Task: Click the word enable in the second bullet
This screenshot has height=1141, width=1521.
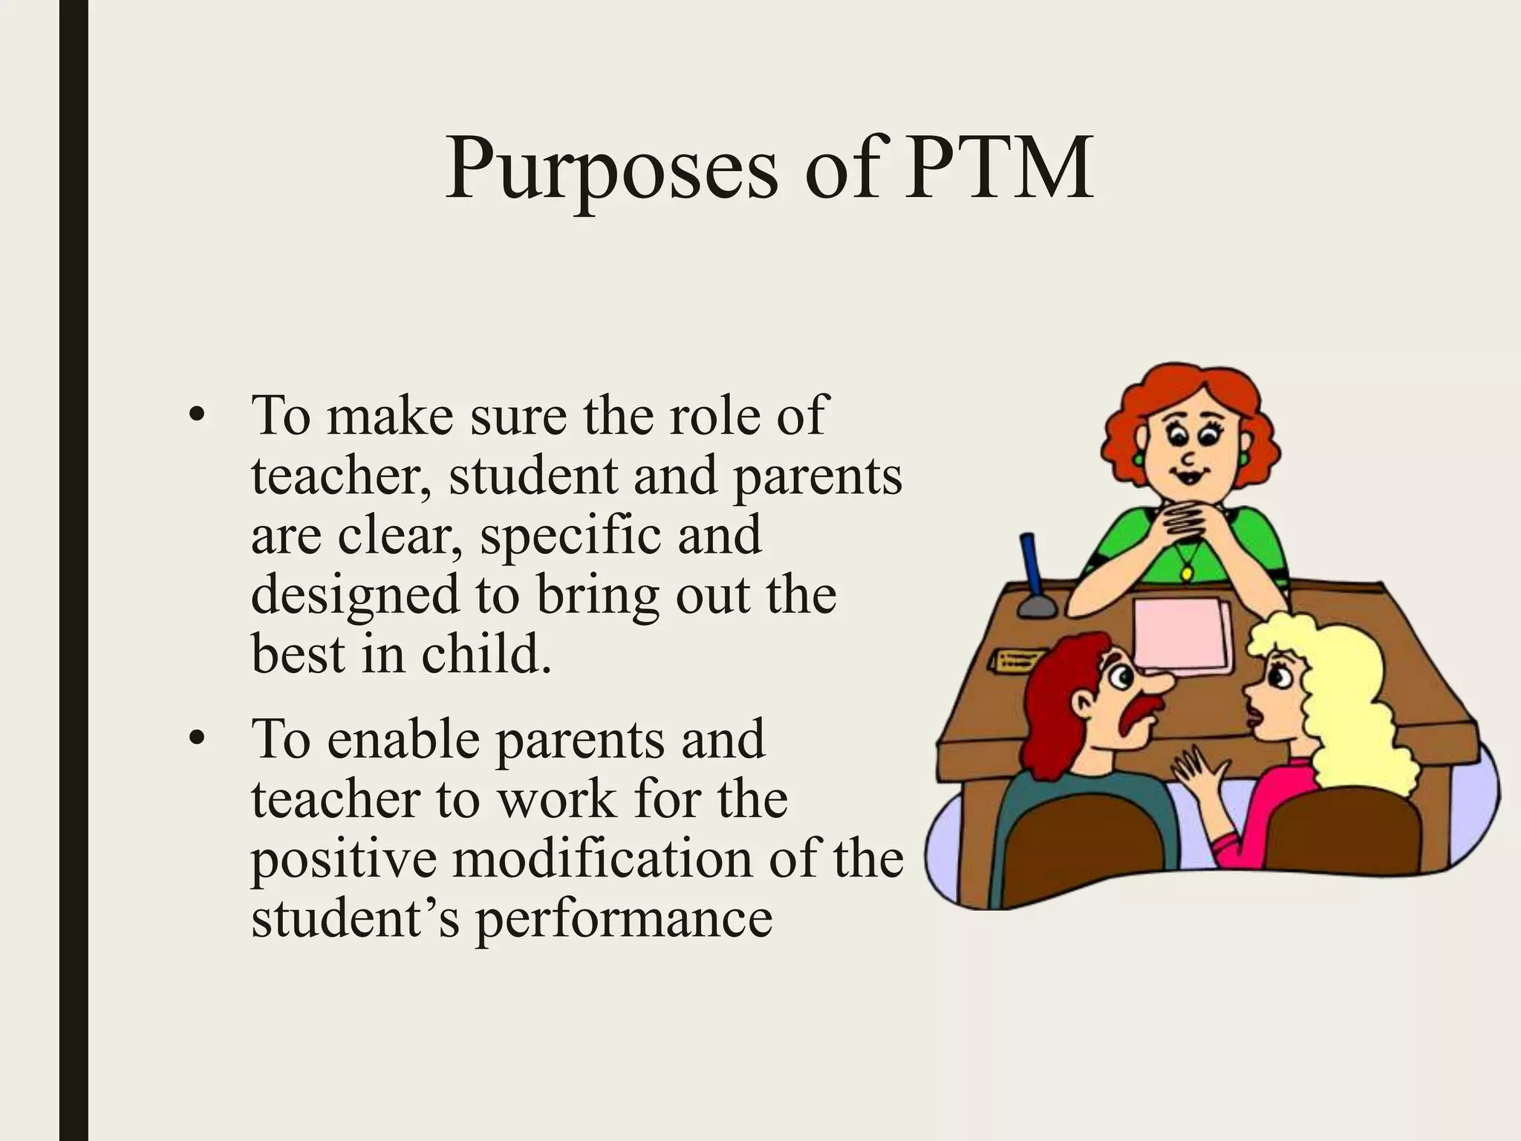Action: (403, 740)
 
